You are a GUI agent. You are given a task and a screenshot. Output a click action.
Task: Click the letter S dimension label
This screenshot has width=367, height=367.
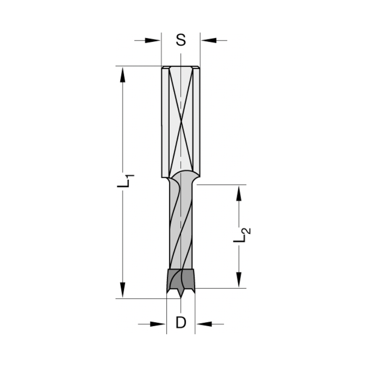coord(181,40)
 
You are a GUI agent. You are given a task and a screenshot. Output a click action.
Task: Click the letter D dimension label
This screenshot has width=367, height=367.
coord(181,323)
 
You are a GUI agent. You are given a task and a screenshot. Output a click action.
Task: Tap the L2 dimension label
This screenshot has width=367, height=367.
coord(242,235)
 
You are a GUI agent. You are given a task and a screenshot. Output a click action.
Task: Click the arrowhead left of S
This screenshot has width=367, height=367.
coord(154,40)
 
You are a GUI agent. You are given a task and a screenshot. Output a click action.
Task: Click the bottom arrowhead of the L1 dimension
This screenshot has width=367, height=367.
coord(123,290)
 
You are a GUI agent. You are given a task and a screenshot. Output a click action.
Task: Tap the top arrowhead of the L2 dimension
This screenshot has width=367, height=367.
coord(239,193)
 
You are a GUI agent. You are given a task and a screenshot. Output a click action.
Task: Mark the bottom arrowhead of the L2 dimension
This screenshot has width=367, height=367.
coord(239,280)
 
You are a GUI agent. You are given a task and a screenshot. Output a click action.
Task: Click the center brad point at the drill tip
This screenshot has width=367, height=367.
coord(181,297)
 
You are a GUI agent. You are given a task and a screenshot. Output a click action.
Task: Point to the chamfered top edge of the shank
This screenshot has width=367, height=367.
coord(181,67)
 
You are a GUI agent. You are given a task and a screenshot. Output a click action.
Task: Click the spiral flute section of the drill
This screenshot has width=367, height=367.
coord(181,228)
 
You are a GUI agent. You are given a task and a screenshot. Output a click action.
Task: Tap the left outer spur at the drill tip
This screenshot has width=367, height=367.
coord(168,291)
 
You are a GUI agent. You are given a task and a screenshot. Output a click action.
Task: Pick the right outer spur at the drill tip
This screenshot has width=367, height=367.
coord(193,291)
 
